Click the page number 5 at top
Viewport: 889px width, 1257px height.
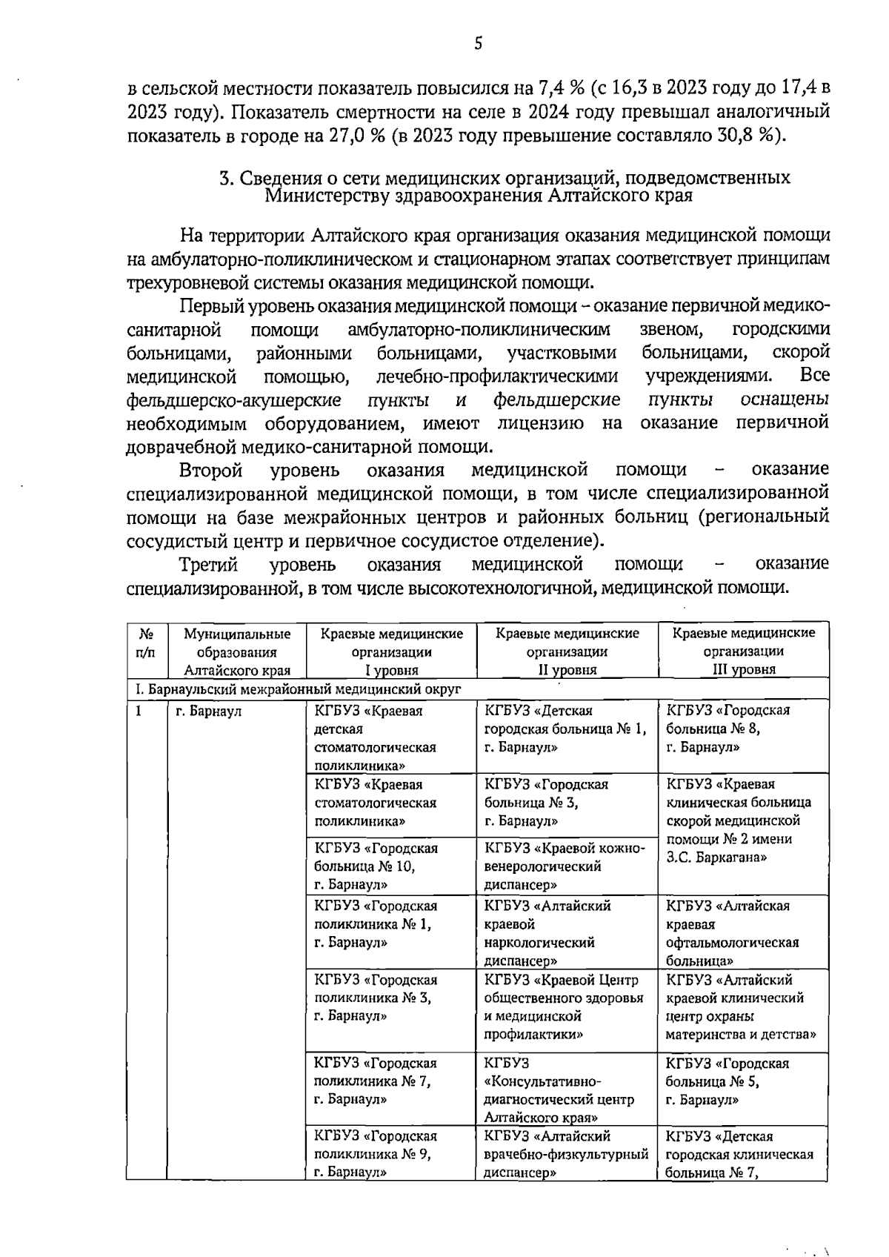[479, 43]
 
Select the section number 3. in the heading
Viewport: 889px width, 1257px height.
[227, 179]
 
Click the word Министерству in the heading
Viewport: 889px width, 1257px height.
[320, 196]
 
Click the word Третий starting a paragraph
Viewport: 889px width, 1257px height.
[208, 565]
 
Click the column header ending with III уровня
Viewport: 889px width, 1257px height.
[743, 651]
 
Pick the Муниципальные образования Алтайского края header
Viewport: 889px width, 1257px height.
[237, 651]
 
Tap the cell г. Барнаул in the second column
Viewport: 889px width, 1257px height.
[209, 712]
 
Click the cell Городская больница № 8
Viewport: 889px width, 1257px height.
[728, 729]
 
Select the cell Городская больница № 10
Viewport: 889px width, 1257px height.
[376, 866]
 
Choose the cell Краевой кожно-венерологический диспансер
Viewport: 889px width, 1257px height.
[565, 866]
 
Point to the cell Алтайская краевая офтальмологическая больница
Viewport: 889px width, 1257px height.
[732, 932]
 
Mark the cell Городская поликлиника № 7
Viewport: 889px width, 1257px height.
[376, 1081]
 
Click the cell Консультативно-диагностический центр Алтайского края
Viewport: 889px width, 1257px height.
[559, 1090]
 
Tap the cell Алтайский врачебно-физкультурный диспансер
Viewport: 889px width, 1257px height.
[566, 1154]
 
